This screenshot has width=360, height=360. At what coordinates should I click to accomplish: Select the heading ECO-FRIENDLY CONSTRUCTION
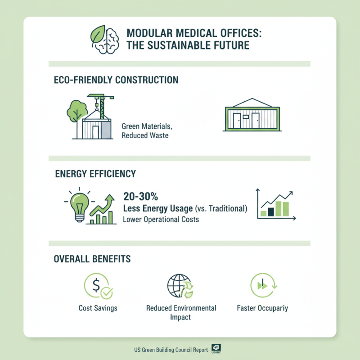(116, 80)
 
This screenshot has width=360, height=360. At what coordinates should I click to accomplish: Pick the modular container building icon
(252, 116)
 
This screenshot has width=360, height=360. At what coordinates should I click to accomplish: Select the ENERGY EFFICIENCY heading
(95, 174)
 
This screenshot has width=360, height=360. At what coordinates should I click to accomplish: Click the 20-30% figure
(141, 197)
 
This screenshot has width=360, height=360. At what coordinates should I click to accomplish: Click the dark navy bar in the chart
(271, 211)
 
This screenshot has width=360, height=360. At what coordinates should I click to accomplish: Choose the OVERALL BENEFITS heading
(92, 259)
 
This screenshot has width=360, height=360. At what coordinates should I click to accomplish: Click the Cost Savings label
(98, 308)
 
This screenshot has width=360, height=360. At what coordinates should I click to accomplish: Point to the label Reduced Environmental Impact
(181, 313)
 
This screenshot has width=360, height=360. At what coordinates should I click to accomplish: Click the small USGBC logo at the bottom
(216, 349)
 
